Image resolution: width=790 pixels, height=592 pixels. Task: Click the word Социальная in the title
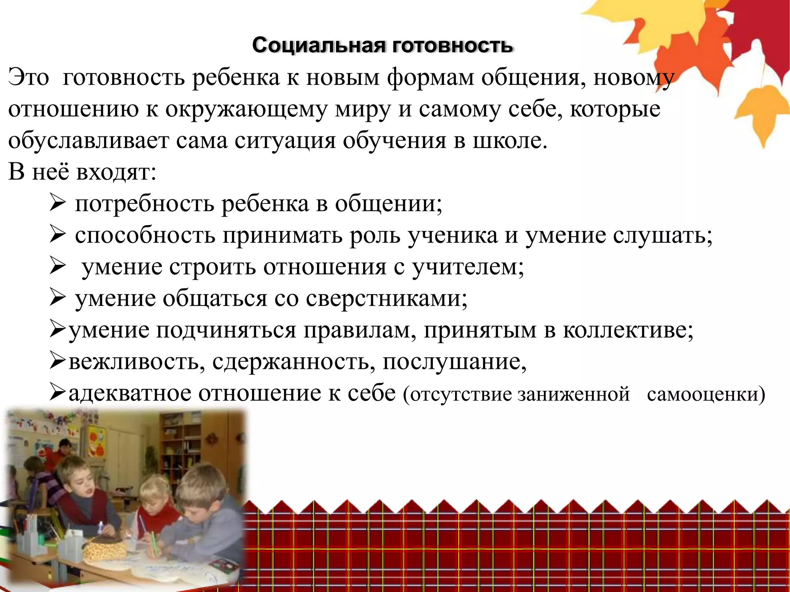tap(319, 45)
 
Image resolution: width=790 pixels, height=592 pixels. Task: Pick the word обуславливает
tap(88, 141)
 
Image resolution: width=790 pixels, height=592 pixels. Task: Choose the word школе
tap(510, 141)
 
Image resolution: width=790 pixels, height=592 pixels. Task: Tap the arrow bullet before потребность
tap(56, 204)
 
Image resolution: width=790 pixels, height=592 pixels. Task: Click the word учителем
tap(468, 267)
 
